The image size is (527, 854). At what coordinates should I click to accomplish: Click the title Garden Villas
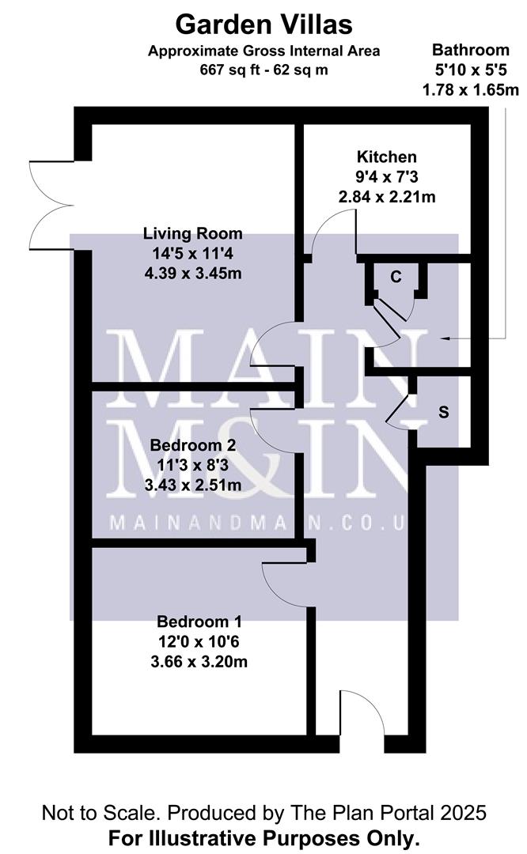[263, 24]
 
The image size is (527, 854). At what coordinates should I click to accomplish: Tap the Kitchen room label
[386, 156]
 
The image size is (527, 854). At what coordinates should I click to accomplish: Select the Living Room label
[192, 234]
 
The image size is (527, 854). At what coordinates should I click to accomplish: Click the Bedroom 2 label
[192, 445]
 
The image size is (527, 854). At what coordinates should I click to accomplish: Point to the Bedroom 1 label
[199, 621]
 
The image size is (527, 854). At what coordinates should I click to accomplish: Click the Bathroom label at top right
[470, 51]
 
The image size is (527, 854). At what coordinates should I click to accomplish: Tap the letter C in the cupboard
[397, 277]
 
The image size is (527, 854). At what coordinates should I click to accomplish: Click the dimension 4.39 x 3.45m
[192, 274]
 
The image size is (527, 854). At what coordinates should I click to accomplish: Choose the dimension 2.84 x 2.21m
[386, 195]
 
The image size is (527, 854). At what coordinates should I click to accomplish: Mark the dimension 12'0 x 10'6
[199, 640]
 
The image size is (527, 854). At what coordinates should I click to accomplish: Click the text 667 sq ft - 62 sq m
[263, 69]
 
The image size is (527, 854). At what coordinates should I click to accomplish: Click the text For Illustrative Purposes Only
[263, 837]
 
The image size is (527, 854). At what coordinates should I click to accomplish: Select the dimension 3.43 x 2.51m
[192, 485]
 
